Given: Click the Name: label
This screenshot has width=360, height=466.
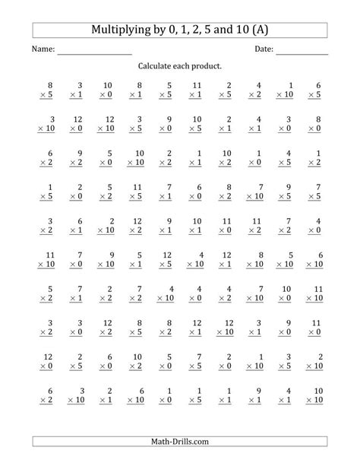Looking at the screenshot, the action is coord(43,50).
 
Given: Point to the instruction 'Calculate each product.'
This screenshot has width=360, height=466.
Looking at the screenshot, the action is coord(180,67).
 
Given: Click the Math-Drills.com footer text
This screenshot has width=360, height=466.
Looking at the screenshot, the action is coord(180,442).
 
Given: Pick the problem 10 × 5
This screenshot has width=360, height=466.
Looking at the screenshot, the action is coord(196,125).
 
